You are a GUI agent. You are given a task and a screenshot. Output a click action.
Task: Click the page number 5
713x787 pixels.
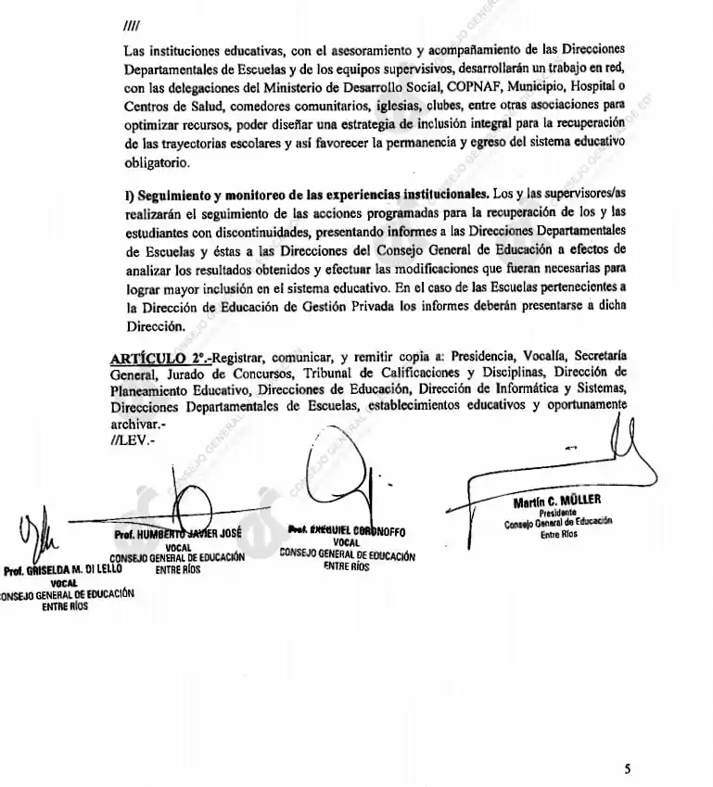tap(627, 768)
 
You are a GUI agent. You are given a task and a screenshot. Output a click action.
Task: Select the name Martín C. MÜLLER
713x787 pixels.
tap(556, 503)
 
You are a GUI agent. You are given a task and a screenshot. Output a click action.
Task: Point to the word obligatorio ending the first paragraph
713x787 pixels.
tap(157, 163)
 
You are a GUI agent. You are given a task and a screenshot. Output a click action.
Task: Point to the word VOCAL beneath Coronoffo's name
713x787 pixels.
tap(346, 542)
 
